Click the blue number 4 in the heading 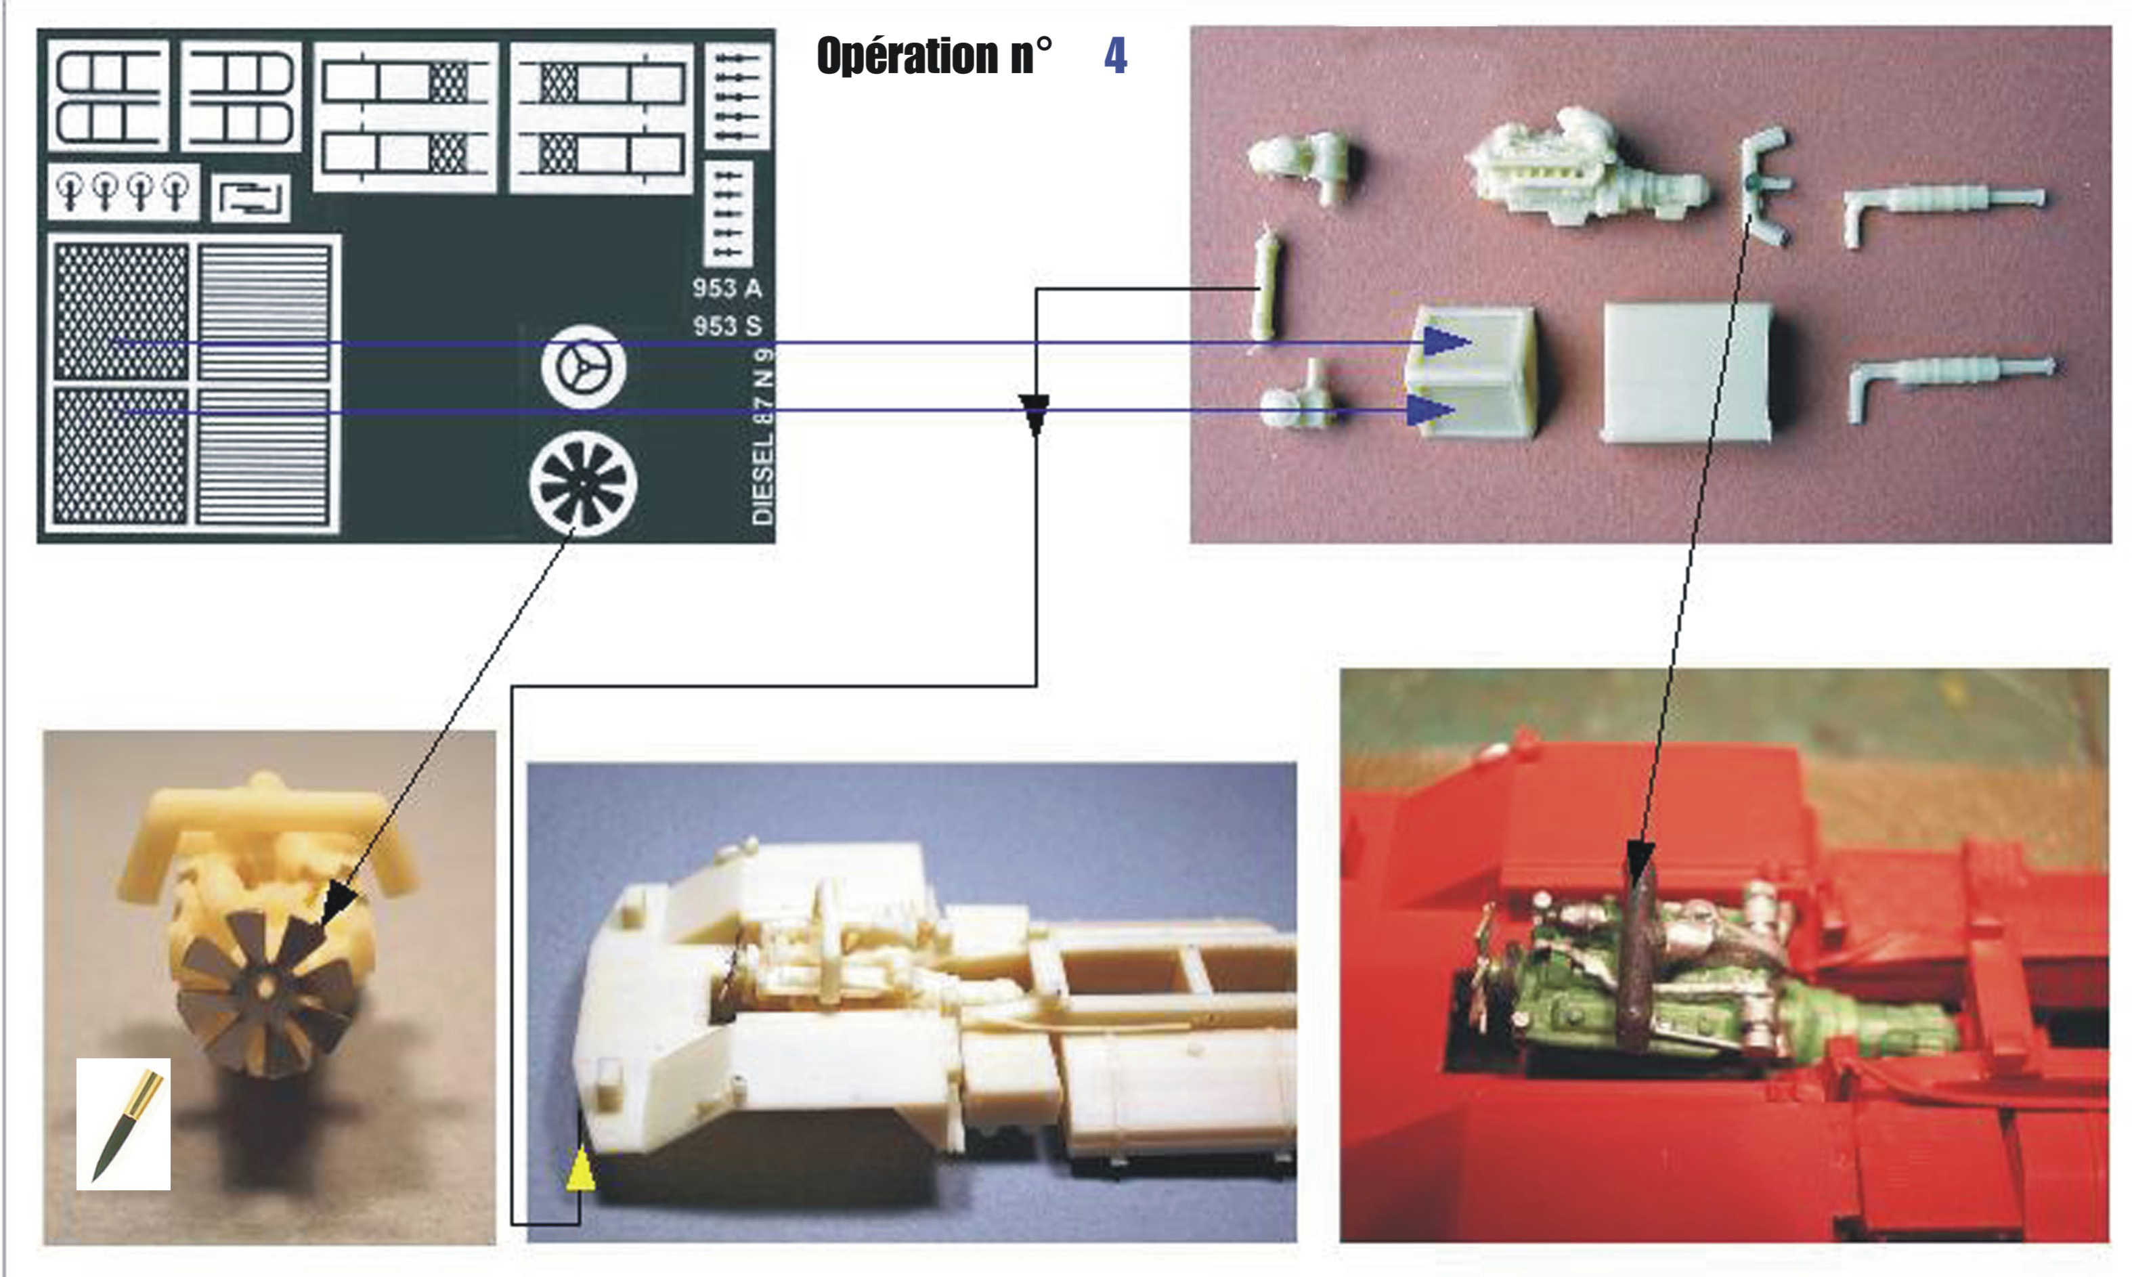pyautogui.click(x=1115, y=56)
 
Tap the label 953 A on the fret pyautogui.click(x=727, y=288)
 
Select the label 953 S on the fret pyautogui.click(x=727, y=326)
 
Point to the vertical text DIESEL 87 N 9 pyautogui.click(x=763, y=435)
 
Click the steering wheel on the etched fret pyautogui.click(x=584, y=368)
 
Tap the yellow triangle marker pyautogui.click(x=582, y=1172)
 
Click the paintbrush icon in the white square pyautogui.click(x=123, y=1124)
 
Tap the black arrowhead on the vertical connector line pyautogui.click(x=1035, y=410)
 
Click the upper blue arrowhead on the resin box pyautogui.click(x=1445, y=342)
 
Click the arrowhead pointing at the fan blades pyautogui.click(x=338, y=906)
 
